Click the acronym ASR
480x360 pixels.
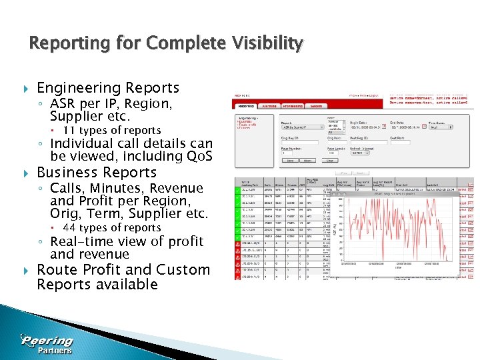coord(63,104)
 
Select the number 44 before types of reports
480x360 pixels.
coord(69,228)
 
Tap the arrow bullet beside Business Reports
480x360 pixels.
coord(25,173)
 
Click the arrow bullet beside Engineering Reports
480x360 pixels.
coord(25,89)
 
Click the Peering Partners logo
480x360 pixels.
coord(47,344)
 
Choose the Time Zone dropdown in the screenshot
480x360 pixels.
coord(439,127)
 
